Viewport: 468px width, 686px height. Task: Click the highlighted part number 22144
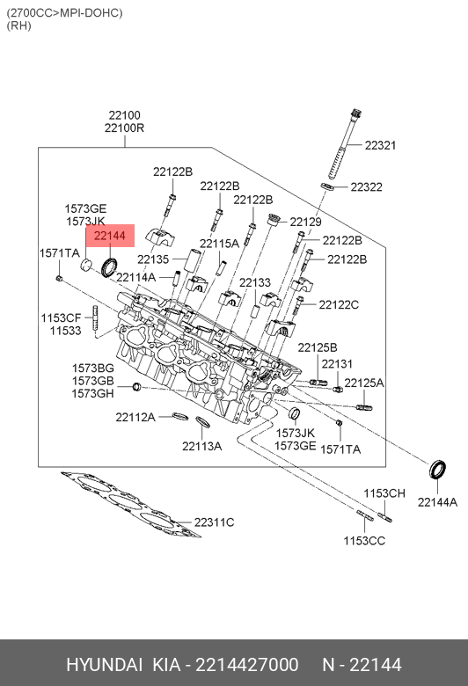point(110,236)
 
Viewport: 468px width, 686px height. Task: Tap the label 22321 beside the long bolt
point(380,145)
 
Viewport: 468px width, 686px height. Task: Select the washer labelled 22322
point(327,186)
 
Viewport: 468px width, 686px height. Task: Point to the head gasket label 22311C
point(214,522)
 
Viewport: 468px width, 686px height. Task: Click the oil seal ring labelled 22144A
point(437,470)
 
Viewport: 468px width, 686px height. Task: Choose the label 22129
point(305,222)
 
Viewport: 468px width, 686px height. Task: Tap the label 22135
point(153,259)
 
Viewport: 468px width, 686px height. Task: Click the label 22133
point(255,282)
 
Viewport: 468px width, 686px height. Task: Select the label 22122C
point(339,304)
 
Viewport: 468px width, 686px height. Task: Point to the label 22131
point(337,363)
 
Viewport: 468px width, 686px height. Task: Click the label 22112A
point(135,418)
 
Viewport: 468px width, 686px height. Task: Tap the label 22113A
point(201,446)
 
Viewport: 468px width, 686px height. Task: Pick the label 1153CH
point(384,493)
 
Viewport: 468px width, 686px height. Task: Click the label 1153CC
point(364,541)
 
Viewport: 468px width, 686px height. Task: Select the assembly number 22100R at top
point(124,128)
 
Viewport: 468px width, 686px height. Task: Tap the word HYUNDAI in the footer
point(104,665)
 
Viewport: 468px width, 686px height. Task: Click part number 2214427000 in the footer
point(247,665)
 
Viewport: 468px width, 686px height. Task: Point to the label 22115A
point(219,244)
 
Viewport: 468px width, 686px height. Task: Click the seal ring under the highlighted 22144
point(109,267)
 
